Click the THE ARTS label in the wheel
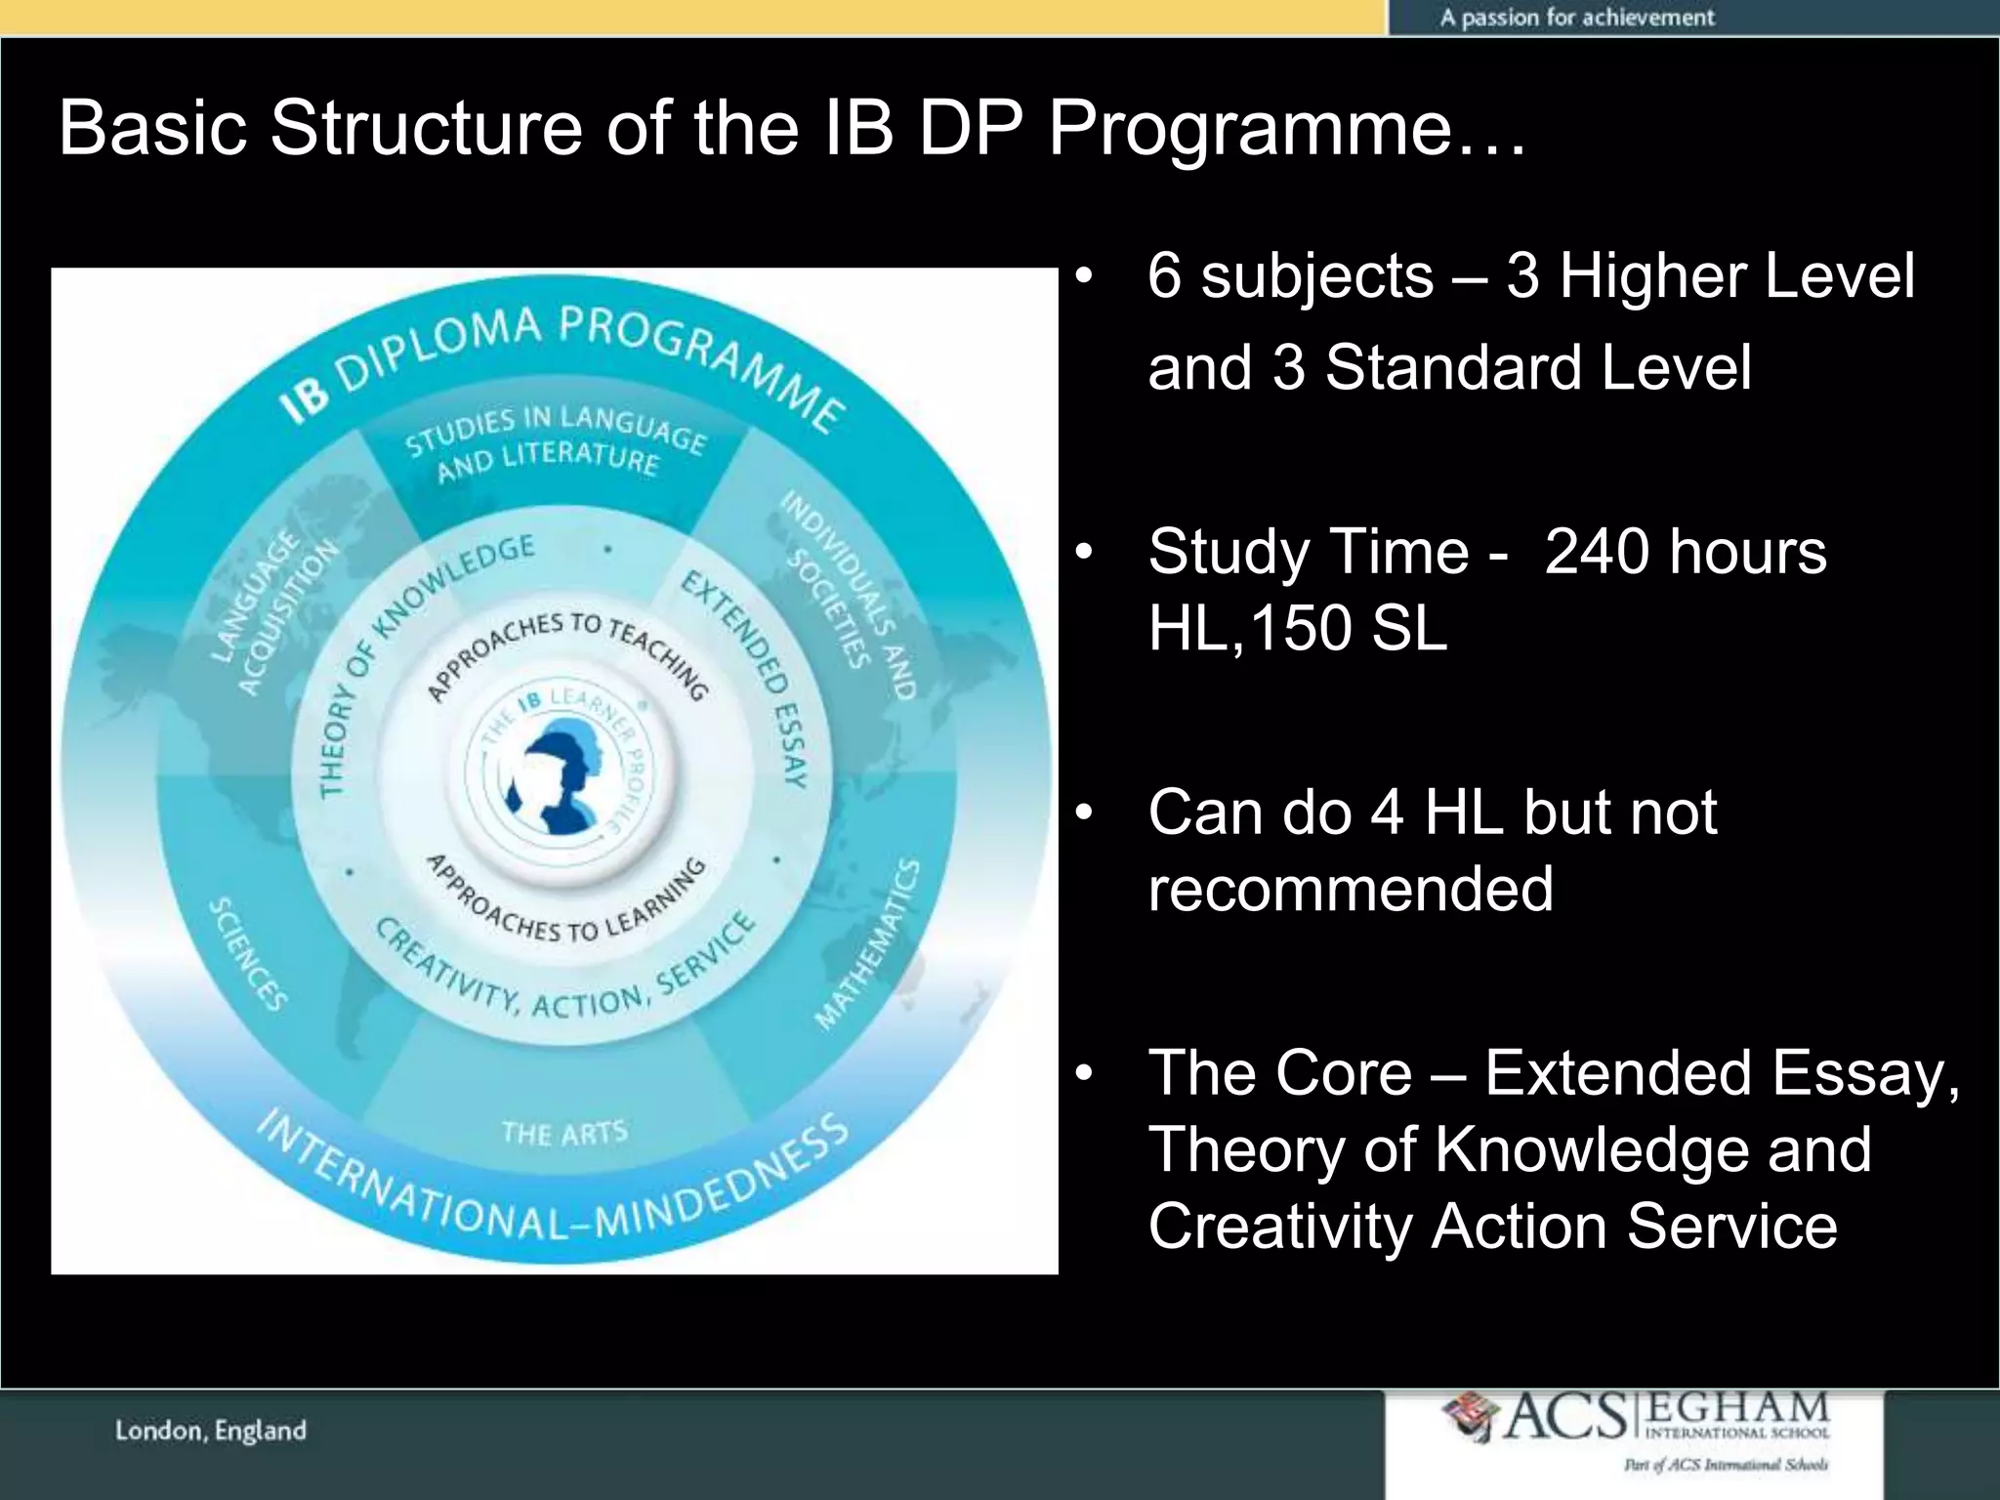(563, 1133)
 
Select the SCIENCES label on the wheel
(248, 954)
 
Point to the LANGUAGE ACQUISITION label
(274, 613)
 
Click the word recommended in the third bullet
(1351, 889)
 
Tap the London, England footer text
(211, 1432)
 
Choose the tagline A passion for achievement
(1576, 18)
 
